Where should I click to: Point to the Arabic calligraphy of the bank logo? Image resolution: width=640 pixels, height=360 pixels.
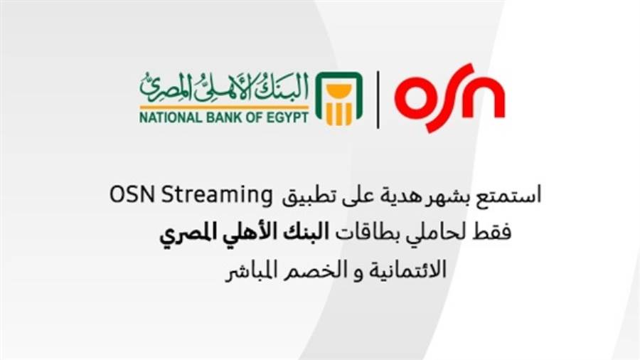click(x=224, y=87)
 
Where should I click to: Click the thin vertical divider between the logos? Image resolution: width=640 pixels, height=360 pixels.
click(x=378, y=99)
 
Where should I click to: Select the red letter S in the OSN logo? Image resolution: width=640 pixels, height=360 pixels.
click(x=448, y=97)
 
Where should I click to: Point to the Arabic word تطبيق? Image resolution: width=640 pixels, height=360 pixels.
click(x=302, y=196)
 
